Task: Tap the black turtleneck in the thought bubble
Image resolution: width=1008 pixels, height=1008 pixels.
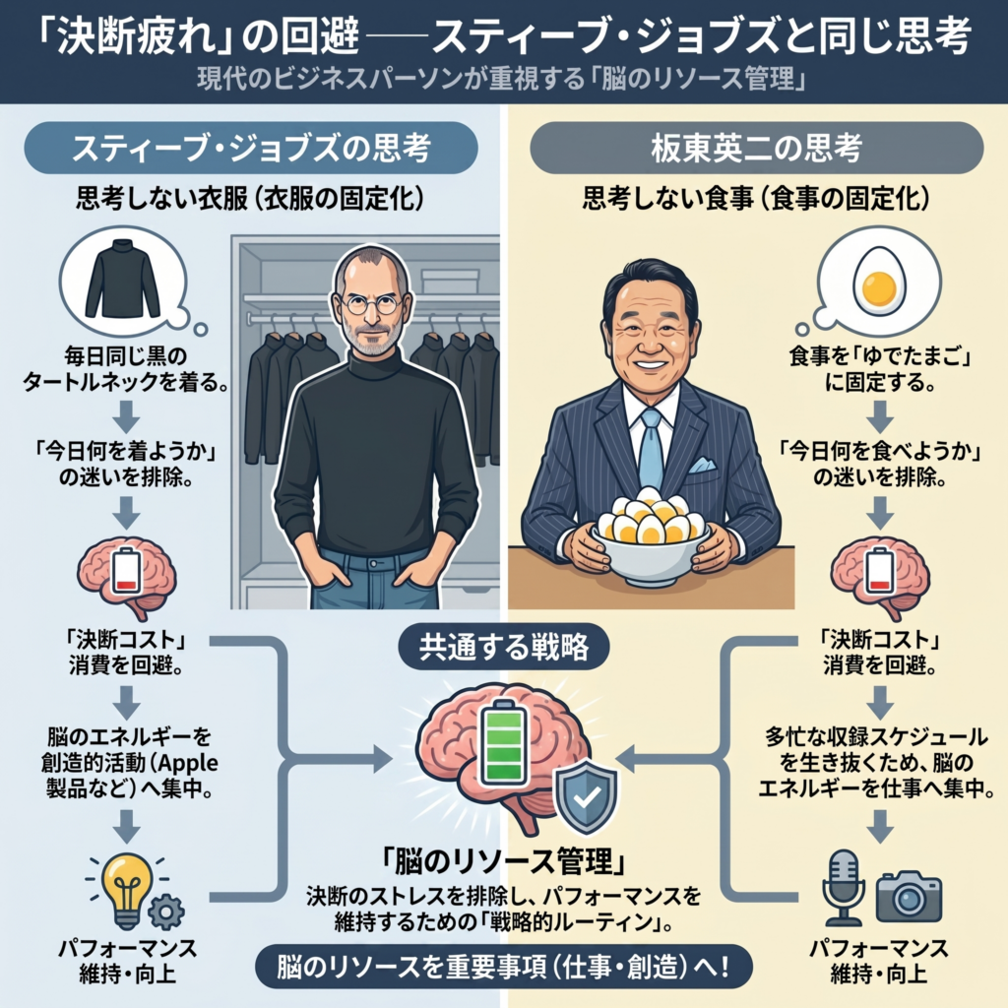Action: pos(122,280)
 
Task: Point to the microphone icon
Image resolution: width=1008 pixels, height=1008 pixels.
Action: pos(844,887)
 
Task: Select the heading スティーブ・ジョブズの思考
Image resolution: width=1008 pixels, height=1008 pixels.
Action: pos(252,151)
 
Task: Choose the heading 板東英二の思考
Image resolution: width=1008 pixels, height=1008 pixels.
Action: pos(756,151)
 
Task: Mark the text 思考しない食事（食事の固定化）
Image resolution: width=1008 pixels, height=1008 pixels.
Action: pos(756,201)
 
